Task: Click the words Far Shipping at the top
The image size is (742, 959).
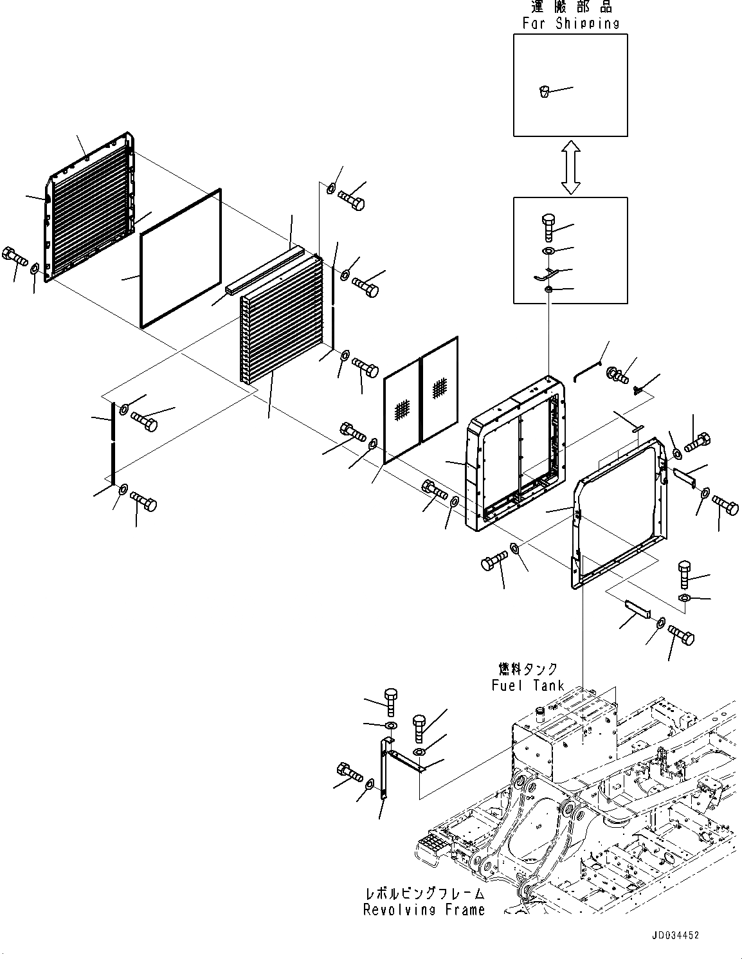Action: click(x=570, y=24)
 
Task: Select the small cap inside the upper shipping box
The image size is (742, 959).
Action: click(x=543, y=91)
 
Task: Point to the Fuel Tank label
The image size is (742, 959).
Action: click(x=528, y=686)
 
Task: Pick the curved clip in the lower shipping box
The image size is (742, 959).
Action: click(x=543, y=275)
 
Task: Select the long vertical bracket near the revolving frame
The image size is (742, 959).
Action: click(x=384, y=769)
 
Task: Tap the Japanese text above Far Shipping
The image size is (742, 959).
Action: click(x=571, y=7)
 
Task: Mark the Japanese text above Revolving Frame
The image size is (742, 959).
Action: click(x=424, y=893)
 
